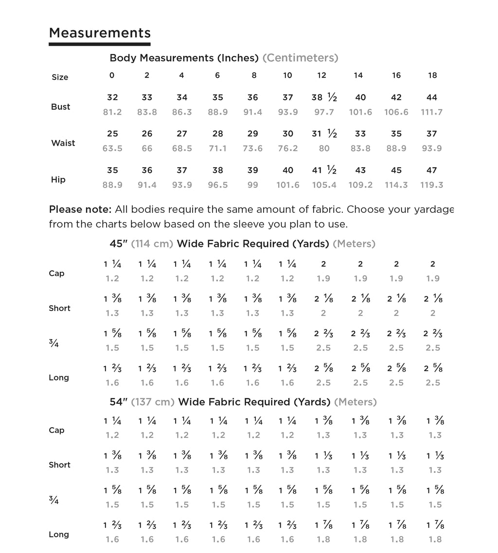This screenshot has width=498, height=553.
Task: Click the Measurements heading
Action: pos(100,33)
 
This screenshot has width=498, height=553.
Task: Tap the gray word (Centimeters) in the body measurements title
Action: pos(300,58)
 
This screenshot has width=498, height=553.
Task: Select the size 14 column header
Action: pos(358,75)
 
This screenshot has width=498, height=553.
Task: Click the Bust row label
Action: pos(60,107)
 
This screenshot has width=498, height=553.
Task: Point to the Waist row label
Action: pos(63,143)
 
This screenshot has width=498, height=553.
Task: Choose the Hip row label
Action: pos(58,180)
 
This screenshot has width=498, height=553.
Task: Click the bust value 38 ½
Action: pos(324,97)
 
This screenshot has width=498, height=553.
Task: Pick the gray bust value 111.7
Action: pos(432,112)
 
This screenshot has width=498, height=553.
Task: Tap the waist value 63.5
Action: pos(112,148)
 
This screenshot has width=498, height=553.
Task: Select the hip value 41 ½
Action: pos(324,170)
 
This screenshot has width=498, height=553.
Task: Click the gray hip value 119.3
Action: pos(432,185)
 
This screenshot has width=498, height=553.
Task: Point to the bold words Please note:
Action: pos(80,210)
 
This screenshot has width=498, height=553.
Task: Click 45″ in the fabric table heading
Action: pos(119,244)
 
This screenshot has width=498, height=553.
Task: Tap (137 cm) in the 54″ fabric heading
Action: pos(153,402)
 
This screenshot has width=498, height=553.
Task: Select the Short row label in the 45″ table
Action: pos(59,308)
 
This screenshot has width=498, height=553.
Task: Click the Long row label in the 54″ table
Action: pos(59,535)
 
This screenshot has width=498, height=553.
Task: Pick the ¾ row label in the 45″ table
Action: pos(53,343)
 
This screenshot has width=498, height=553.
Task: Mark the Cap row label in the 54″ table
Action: pos(56,430)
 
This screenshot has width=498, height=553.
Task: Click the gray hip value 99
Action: pos(252,185)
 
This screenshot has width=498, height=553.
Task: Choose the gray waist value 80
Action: pos(324,148)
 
